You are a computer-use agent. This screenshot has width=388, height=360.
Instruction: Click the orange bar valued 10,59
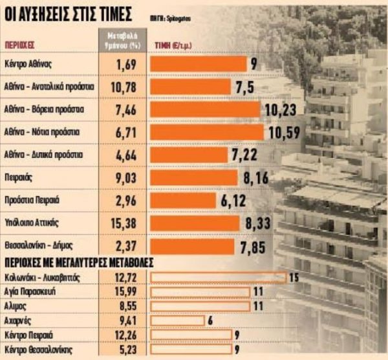click(207, 132)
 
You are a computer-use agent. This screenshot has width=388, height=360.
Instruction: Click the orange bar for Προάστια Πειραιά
click(184, 200)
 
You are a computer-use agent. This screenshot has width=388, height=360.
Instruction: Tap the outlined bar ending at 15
click(218, 278)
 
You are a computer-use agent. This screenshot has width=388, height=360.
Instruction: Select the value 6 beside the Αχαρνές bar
click(211, 321)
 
